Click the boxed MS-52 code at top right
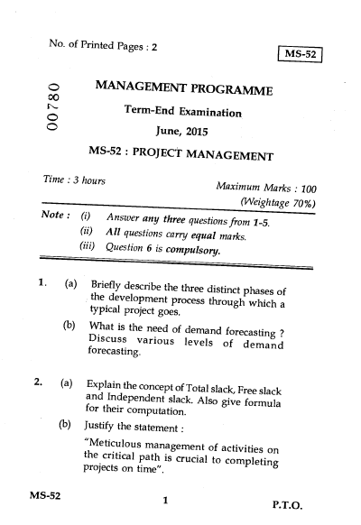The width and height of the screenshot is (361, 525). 302,54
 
